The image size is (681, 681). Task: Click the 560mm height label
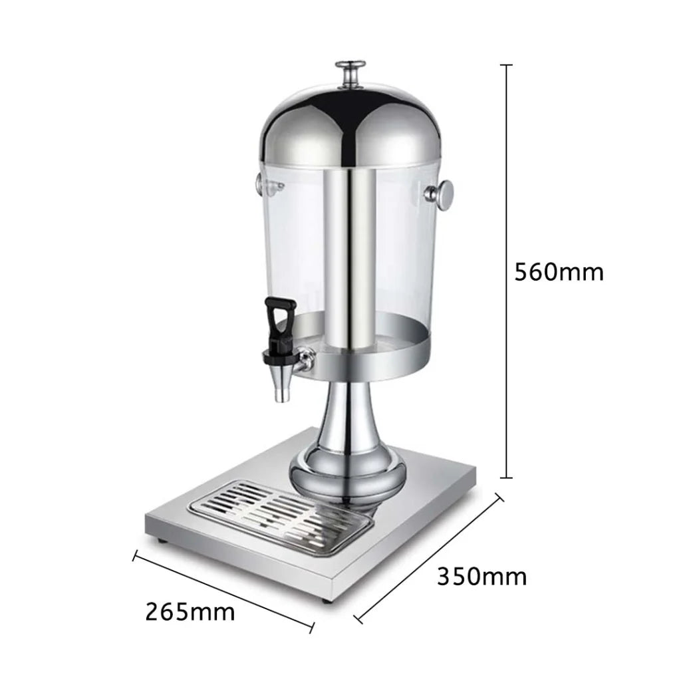[x=559, y=272]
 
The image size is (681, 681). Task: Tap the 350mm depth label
[x=481, y=576]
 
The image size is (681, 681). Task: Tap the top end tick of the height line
[x=507, y=65]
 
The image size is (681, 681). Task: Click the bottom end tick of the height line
[x=507, y=477]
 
